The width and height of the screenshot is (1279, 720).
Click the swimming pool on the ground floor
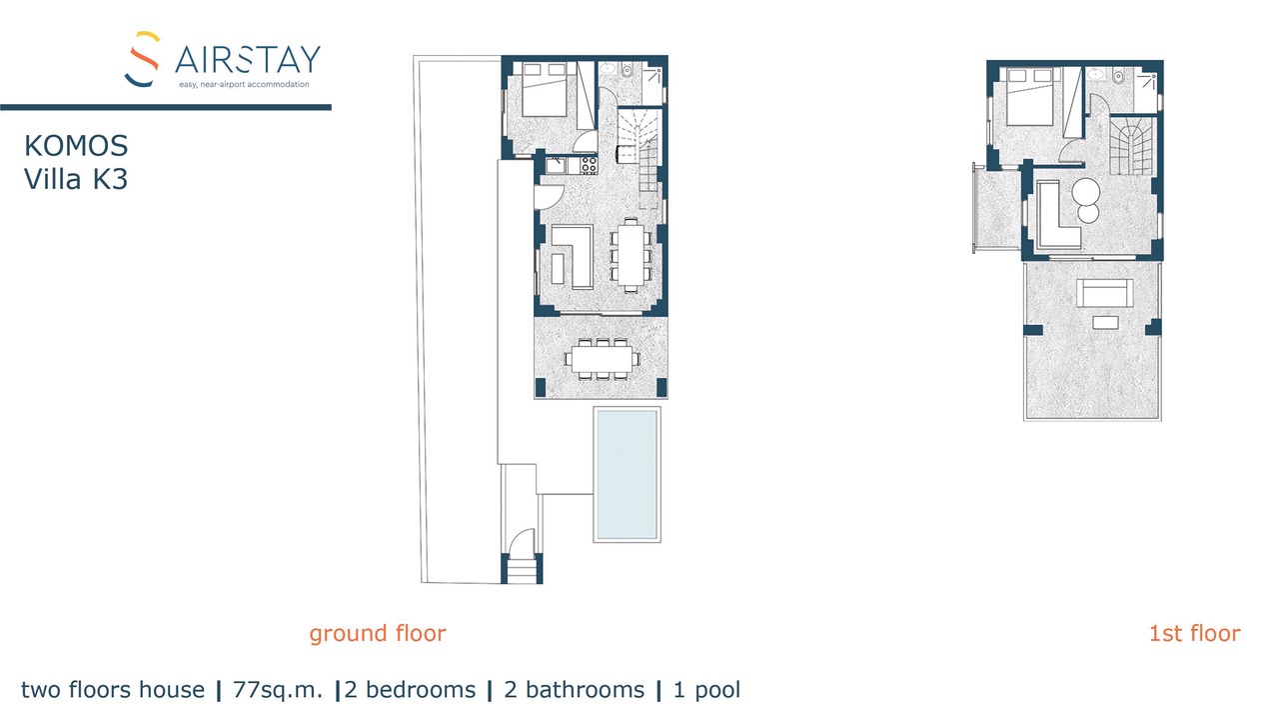[627, 474]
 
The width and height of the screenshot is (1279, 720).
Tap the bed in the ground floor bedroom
[545, 90]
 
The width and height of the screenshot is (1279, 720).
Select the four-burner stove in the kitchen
[589, 166]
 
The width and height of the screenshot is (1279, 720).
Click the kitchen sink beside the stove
[556, 166]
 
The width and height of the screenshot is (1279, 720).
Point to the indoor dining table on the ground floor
[631, 255]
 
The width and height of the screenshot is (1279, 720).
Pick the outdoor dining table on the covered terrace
[603, 359]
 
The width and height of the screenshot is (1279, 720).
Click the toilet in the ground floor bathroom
[627, 71]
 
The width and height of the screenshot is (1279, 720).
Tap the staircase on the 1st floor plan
[1131, 146]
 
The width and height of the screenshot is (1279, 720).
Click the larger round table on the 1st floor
[1085, 191]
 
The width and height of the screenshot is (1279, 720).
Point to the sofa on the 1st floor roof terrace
[1105, 293]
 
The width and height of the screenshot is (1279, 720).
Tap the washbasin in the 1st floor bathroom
[1094, 74]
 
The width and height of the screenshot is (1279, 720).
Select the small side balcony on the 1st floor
[997, 209]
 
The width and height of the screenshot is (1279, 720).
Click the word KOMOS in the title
[76, 146]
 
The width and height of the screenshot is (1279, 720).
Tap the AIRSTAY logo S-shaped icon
[142, 59]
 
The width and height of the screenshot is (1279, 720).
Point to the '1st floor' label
[1194, 633]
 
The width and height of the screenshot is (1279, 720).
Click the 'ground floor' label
[378, 634]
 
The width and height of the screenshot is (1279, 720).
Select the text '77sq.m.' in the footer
[278, 690]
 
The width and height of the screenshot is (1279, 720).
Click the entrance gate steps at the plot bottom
[523, 570]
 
